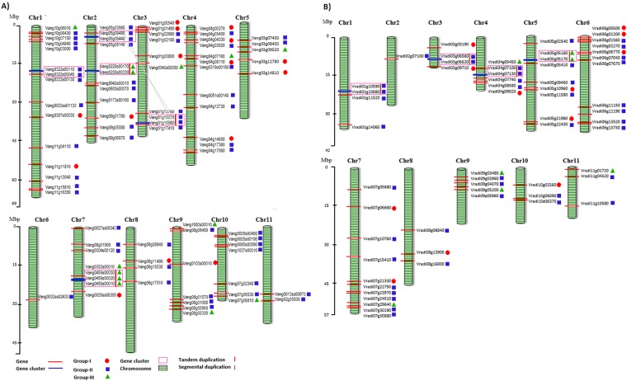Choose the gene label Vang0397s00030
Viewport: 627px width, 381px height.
(59, 115)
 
